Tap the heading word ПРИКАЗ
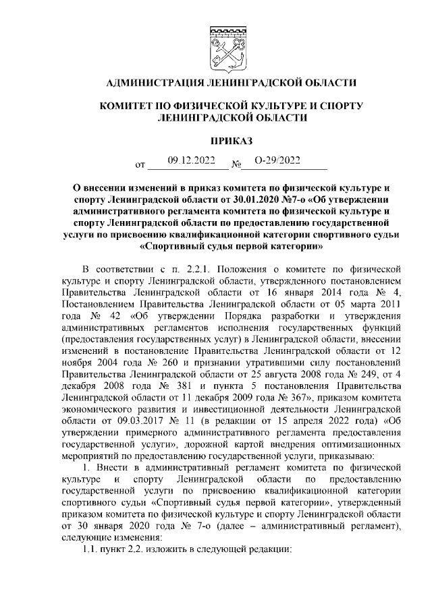point(227,141)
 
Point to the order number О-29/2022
point(276,161)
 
